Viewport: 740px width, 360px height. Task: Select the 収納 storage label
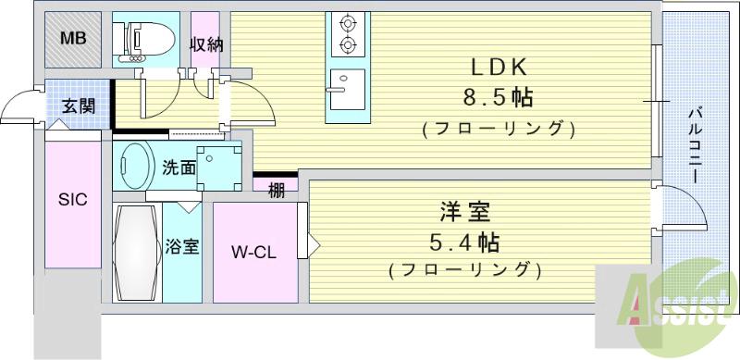204,44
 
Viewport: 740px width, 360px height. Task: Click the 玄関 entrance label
77,106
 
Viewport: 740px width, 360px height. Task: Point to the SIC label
73,200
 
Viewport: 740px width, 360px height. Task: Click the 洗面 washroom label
179,168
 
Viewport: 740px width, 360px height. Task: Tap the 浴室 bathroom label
182,248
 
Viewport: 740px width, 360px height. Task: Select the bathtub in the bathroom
137,251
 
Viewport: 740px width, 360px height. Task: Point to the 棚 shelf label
276,190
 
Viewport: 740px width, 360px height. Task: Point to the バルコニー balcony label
695,145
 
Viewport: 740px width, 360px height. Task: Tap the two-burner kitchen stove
347,36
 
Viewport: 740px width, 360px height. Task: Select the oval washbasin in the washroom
137,165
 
